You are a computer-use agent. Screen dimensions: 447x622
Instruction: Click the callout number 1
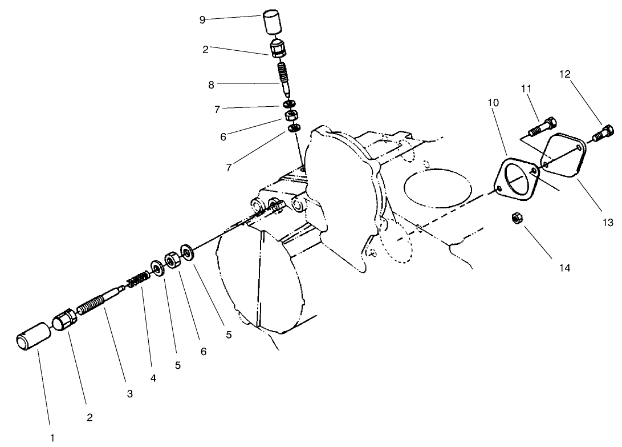[53, 438]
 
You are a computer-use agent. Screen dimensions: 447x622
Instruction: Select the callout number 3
[130, 394]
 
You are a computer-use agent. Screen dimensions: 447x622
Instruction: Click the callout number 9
[202, 19]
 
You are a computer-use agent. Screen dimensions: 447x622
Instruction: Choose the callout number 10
[493, 103]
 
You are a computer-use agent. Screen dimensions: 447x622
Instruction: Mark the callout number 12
[564, 74]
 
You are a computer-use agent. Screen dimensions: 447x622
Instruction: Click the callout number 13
[608, 223]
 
